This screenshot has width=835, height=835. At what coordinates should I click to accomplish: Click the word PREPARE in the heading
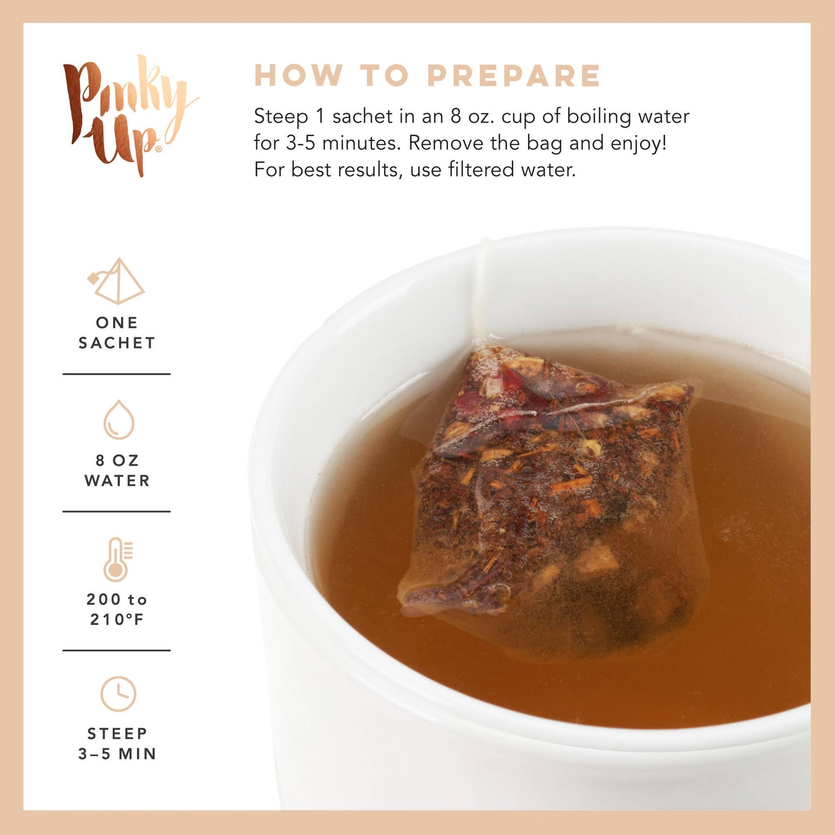coord(514,76)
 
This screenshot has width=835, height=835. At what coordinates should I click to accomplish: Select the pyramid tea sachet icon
coord(116,281)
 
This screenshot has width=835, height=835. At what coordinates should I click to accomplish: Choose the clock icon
coord(118,694)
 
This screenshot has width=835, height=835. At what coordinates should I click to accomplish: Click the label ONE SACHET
coord(117,333)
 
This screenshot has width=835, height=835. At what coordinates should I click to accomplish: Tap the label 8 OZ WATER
coord(117,471)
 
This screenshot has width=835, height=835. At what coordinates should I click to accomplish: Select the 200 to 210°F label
coord(117,609)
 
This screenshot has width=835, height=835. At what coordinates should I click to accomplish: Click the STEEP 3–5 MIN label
coord(117,744)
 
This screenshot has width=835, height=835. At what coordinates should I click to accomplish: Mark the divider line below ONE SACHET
coord(117,374)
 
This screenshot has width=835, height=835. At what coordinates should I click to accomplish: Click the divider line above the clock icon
coord(117,650)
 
